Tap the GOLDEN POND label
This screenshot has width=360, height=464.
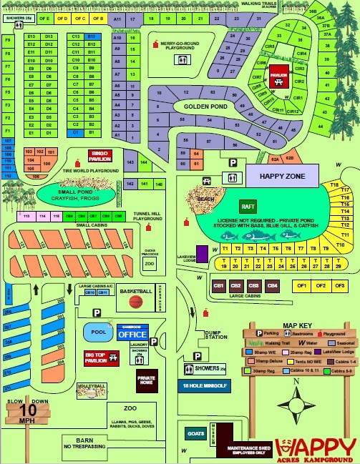point(205,107)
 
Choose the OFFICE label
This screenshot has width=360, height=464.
point(132,335)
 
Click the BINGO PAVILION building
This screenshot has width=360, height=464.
point(99,156)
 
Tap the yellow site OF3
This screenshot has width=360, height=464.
point(340,286)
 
